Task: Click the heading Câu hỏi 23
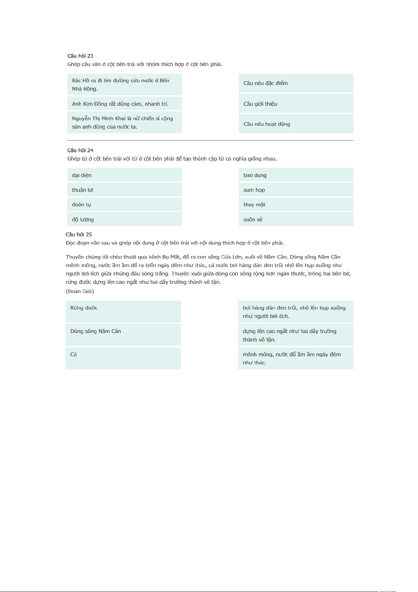tap(80, 56)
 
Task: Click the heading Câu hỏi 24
tap(80, 150)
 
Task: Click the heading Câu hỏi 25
tap(79, 234)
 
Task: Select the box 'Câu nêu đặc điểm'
tap(296, 83)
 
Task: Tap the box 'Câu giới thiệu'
tap(296, 104)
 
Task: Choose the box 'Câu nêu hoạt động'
tap(296, 124)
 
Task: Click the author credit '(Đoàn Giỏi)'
tap(80, 291)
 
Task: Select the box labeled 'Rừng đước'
tap(123, 312)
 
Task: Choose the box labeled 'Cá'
tap(123, 358)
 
